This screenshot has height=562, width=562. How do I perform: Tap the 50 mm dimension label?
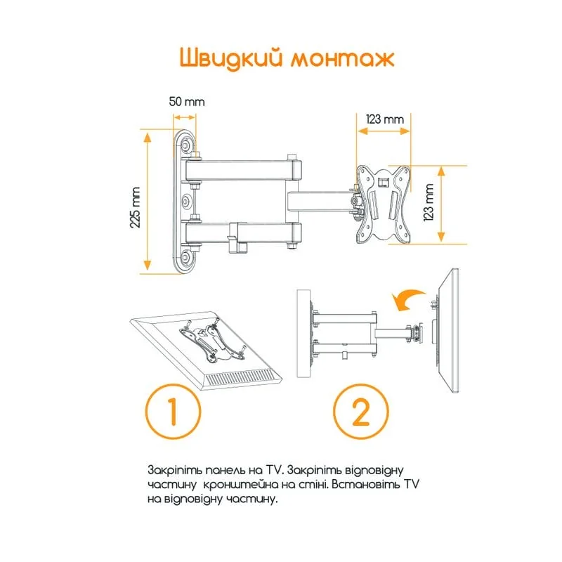(x=186, y=101)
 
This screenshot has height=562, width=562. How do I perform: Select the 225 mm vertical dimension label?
(x=134, y=204)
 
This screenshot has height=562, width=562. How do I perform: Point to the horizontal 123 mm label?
(x=384, y=119)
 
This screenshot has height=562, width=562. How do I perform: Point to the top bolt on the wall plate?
(x=186, y=145)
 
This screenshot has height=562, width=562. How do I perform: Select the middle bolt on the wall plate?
(x=186, y=202)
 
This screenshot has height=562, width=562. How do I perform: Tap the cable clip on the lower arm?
(x=240, y=237)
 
